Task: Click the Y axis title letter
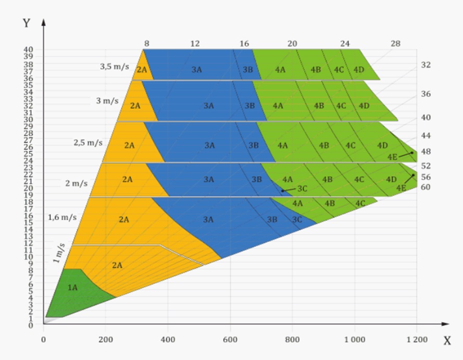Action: pos(26,23)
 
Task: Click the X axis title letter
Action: pos(447,341)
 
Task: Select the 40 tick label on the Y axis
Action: pos(28,50)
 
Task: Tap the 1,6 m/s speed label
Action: pos(62,217)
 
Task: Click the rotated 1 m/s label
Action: pos(59,253)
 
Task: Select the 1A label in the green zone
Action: pos(73,287)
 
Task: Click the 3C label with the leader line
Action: pos(302,188)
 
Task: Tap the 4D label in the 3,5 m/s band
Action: pos(359,70)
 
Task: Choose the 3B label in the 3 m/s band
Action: pos(249,106)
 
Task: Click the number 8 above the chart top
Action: pos(147,44)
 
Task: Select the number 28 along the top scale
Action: pos(395,44)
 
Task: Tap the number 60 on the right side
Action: pos(426,187)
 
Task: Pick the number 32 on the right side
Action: pos(426,65)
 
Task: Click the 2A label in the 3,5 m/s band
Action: pos(142,70)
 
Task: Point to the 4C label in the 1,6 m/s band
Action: pos(360,203)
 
